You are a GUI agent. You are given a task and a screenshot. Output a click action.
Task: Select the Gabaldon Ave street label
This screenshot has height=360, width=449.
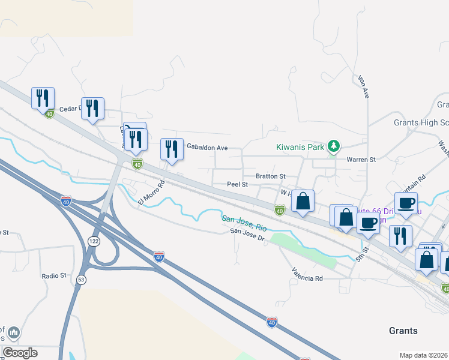coord(207,147)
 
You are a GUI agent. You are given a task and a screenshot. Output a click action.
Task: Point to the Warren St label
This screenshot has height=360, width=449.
coord(361,160)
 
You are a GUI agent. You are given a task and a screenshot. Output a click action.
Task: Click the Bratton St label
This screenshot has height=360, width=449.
coord(271,176)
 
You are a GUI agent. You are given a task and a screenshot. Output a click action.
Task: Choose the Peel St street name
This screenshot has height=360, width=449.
coord(237,185)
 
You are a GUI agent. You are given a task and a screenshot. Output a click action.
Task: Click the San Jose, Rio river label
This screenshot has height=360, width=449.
coord(244,224)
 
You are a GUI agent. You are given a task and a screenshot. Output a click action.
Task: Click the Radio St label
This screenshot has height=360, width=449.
coord(53,275)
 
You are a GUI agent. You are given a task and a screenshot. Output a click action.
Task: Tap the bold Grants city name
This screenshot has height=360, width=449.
coord(403,331)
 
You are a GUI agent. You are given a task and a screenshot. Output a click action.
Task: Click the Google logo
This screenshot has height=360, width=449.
coord(20,353)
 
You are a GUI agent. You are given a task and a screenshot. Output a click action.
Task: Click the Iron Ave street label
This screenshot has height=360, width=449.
coord(364,88)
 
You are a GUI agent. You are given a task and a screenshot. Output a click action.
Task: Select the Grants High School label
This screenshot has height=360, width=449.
coord(421,122)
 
